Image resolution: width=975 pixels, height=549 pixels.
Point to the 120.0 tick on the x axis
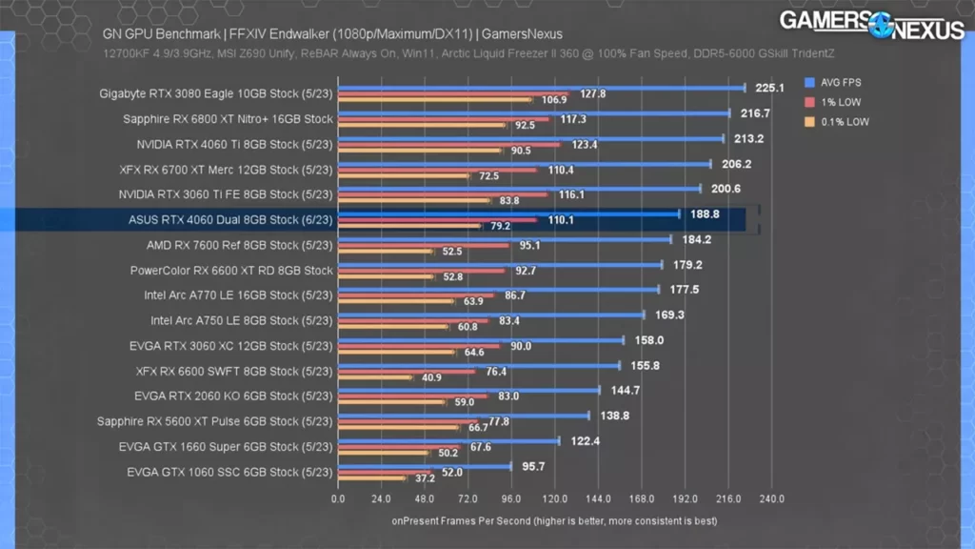(x=555, y=498)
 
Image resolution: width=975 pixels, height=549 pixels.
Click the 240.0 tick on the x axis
(x=771, y=498)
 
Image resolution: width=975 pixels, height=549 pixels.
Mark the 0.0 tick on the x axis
(x=338, y=498)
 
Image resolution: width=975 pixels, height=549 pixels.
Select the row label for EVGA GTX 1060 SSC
(x=229, y=472)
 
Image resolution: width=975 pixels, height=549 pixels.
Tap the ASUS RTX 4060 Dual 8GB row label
(x=230, y=220)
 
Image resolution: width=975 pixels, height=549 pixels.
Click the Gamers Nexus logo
(x=871, y=25)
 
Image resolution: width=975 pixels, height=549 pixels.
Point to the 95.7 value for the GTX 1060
(x=537, y=467)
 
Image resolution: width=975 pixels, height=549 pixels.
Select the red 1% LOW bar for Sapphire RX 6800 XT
(x=444, y=119)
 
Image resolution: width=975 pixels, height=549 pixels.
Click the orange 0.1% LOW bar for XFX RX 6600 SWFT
(x=375, y=377)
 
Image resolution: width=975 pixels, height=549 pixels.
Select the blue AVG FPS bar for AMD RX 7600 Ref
(x=505, y=239)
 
